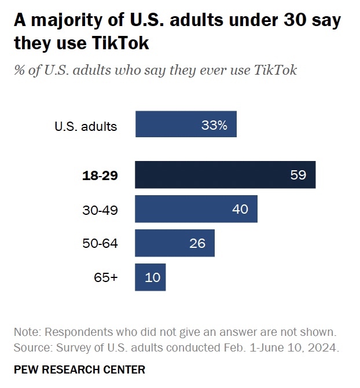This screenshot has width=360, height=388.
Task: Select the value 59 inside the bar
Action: pyautogui.click(x=298, y=175)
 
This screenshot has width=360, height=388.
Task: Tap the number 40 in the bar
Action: pyautogui.click(x=240, y=209)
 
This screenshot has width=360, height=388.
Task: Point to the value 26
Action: pyautogui.click(x=197, y=243)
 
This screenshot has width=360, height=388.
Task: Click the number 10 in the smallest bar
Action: pyautogui.click(x=153, y=277)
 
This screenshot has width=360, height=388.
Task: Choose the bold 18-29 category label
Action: pyautogui.click(x=101, y=175)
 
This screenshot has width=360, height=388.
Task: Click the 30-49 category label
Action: pyautogui.click(x=101, y=210)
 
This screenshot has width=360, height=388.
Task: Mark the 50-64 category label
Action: pyautogui.click(x=101, y=244)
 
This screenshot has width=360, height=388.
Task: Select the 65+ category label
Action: pyautogui.click(x=106, y=277)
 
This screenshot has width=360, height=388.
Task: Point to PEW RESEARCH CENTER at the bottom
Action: pyautogui.click(x=79, y=369)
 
